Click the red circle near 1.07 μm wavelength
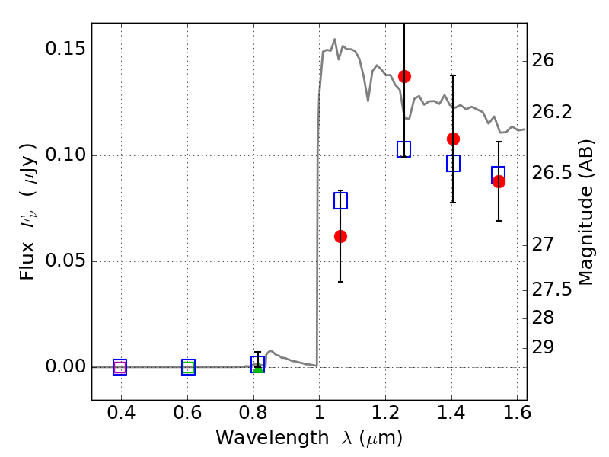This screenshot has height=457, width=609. tap(340, 236)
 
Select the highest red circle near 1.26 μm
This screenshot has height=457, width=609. tap(404, 76)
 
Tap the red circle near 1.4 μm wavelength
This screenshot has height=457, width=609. tap(453, 139)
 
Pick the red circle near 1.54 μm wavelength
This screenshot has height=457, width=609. tap(499, 181)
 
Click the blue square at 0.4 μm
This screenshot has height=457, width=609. tap(120, 367)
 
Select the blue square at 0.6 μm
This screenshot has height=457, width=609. tap(188, 367)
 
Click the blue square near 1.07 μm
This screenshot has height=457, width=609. tap(340, 200)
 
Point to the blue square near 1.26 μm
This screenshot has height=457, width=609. tap(404, 149)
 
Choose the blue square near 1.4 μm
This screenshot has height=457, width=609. tap(453, 163)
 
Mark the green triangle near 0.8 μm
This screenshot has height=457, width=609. tap(258, 368)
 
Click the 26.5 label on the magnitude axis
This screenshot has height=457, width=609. tap(556, 173)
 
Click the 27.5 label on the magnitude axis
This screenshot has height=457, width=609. tap(556, 289)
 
